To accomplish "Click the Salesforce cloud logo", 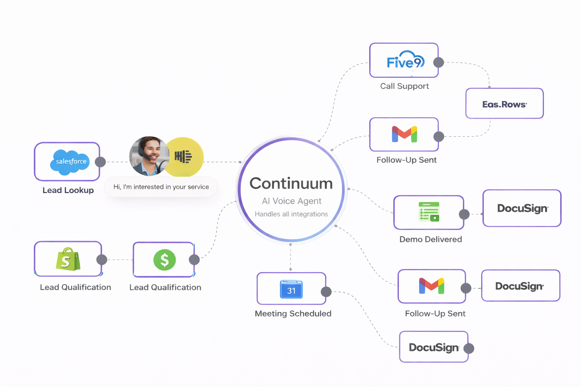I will click(x=70, y=162).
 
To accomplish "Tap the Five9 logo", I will click(x=405, y=61).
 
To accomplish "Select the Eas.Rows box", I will click(x=504, y=104).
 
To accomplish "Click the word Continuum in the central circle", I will click(x=291, y=184).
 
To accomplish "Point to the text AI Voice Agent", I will click(x=291, y=201).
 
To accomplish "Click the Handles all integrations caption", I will click(x=291, y=214).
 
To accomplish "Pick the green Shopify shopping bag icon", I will click(x=68, y=259).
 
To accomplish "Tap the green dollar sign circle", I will click(x=165, y=260).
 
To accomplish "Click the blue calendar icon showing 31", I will click(x=291, y=289).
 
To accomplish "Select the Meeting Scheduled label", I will click(x=293, y=314).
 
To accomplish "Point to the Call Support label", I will click(x=404, y=86).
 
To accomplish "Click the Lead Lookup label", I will click(x=68, y=190).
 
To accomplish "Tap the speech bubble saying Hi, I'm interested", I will click(x=161, y=187).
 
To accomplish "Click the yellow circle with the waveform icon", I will click(x=185, y=156).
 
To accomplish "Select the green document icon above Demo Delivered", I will click(x=429, y=212).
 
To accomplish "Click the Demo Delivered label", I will click(x=430, y=239).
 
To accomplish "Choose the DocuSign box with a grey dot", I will click(x=433, y=347).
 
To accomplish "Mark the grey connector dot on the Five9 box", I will click(x=438, y=62).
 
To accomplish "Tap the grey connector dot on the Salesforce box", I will click(x=100, y=162).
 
